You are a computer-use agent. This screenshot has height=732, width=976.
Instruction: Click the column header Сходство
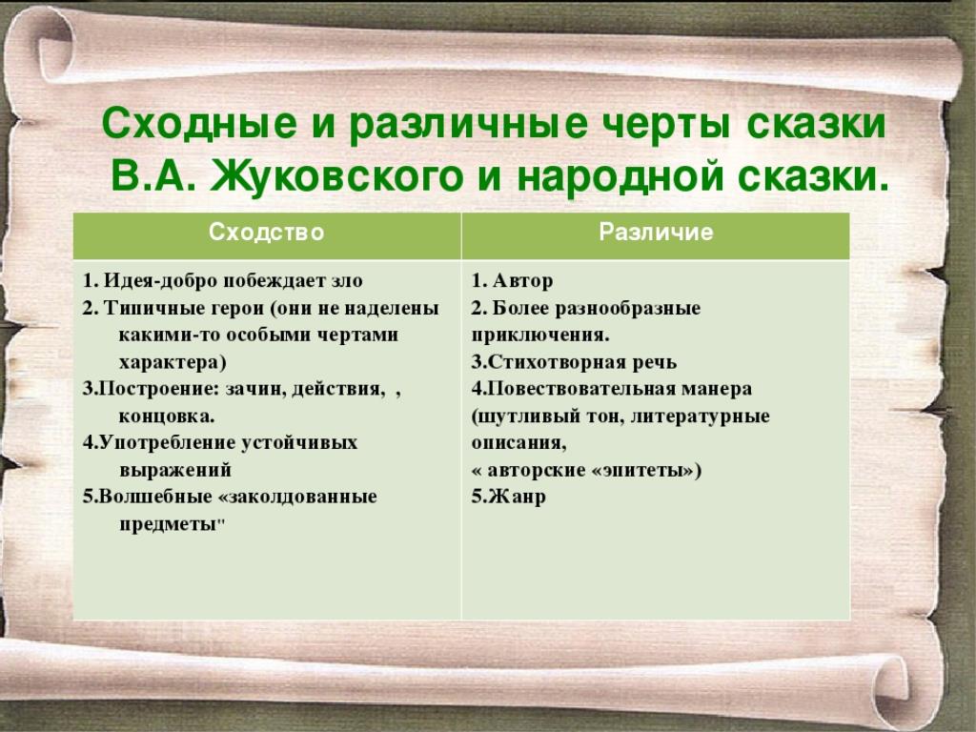(x=267, y=233)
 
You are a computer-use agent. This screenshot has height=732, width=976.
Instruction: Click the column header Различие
(x=656, y=233)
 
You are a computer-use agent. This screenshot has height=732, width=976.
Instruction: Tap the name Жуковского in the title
(x=336, y=176)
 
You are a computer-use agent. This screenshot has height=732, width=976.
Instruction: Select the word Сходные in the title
(x=199, y=123)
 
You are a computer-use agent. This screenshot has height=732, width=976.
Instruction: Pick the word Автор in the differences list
(x=522, y=281)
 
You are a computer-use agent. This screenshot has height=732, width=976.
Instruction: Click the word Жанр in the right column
(x=517, y=497)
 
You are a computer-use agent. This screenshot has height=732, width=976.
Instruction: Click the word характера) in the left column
(x=173, y=361)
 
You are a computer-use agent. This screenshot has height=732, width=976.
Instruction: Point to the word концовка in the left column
(x=167, y=416)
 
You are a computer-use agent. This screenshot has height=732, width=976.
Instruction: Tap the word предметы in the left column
(x=167, y=524)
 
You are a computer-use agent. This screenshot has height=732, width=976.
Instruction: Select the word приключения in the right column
(x=540, y=335)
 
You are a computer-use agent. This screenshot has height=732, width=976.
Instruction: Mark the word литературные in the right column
(x=701, y=416)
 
